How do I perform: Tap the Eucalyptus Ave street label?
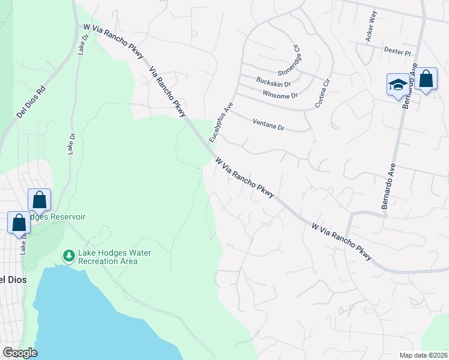(220, 122)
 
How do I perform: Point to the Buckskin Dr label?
(274, 82)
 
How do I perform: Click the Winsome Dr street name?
(280, 95)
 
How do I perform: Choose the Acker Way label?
(371, 34)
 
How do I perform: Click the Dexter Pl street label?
(399, 52)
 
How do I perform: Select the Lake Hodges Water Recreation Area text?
(109, 257)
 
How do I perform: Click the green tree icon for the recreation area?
(69, 256)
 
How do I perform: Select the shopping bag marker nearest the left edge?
(19, 222)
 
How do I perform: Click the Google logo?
(20, 353)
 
